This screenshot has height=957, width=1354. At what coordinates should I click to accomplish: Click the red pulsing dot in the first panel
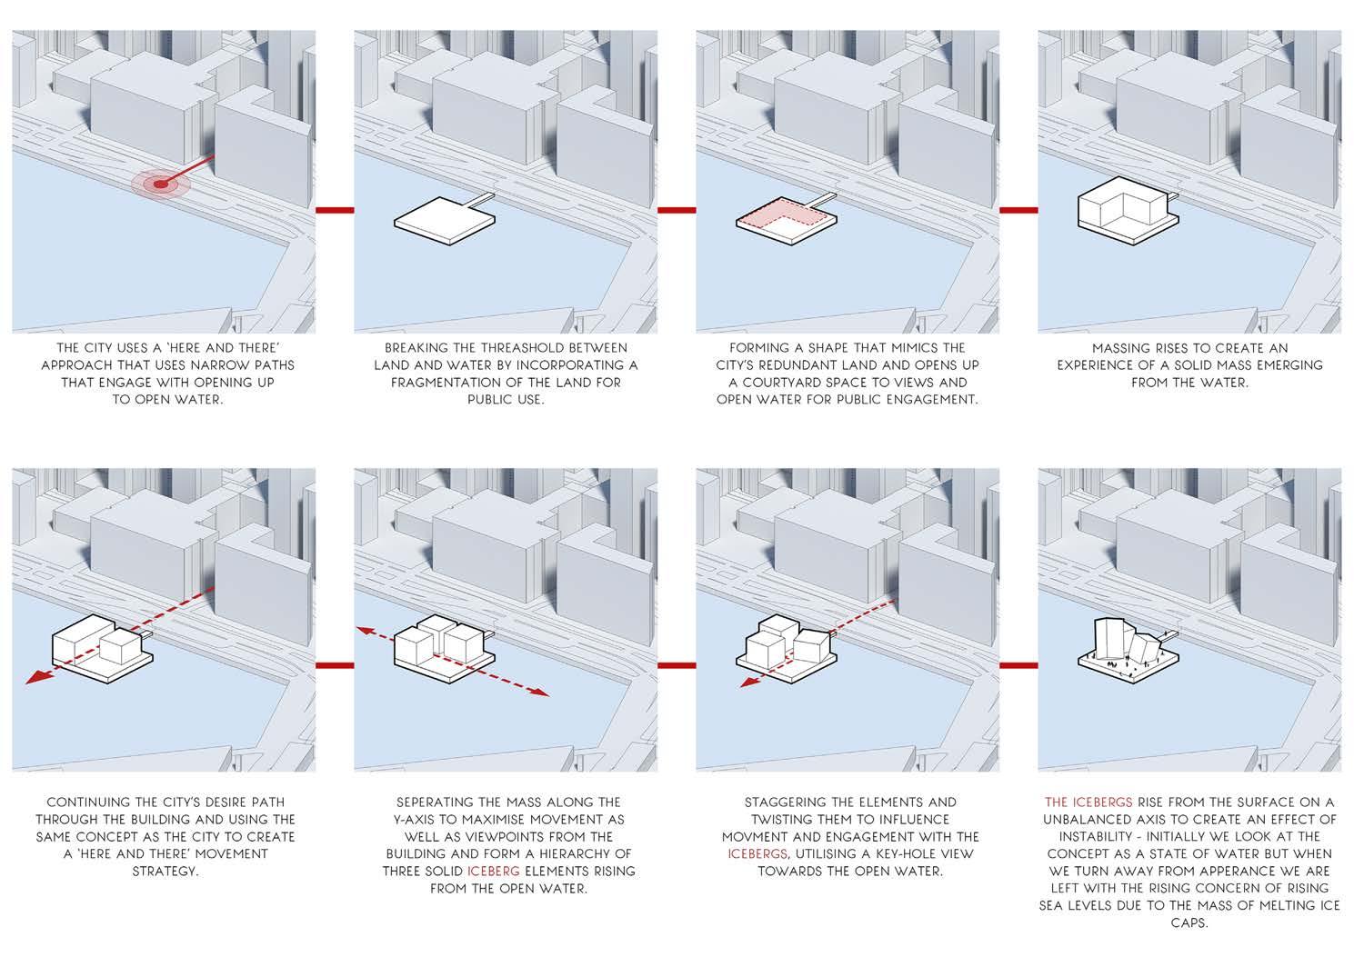point(161,184)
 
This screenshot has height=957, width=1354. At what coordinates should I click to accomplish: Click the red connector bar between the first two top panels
point(335,210)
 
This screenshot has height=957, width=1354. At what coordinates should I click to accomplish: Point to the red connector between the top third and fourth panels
point(1018,210)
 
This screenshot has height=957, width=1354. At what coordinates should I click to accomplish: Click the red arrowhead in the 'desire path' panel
point(34,678)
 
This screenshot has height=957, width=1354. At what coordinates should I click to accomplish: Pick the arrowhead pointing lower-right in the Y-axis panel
point(540,693)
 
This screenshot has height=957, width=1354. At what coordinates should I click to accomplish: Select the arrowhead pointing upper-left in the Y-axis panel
point(365,629)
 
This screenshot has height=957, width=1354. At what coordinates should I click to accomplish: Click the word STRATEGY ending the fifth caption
point(165,872)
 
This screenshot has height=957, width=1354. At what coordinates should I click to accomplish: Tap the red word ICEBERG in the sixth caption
point(494,872)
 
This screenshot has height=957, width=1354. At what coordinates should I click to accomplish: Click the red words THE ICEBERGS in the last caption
point(1088,802)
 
